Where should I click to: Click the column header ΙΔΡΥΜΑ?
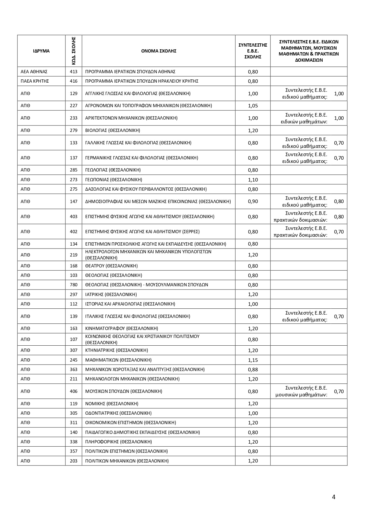(x=41, y=51)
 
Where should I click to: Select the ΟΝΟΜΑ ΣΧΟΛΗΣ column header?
(x=159, y=51)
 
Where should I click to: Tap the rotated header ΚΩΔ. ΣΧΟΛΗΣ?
(x=74, y=51)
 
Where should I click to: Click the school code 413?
(x=74, y=72)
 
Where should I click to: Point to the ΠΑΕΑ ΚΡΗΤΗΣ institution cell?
(x=35, y=81)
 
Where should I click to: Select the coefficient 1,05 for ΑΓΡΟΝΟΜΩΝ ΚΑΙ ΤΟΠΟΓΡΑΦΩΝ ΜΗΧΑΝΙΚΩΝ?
(x=253, y=106)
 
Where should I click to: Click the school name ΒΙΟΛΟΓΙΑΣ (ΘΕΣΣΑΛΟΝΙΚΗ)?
(x=113, y=130)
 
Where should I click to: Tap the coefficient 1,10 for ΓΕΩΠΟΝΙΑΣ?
(x=253, y=179)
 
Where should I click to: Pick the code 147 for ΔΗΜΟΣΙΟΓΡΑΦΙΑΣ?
(x=74, y=201)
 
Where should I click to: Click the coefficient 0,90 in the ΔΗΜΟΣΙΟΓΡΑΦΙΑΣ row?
(x=253, y=201)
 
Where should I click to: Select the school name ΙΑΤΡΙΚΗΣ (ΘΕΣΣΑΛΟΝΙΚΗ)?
(x=111, y=294)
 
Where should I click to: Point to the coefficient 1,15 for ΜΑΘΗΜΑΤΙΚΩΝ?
(x=253, y=360)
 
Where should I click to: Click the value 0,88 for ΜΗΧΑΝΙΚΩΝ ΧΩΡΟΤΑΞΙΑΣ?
(x=253, y=369)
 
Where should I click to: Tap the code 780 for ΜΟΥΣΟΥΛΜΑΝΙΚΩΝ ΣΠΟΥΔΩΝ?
(x=74, y=285)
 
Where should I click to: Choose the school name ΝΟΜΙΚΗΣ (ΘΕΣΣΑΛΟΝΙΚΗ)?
(x=112, y=403)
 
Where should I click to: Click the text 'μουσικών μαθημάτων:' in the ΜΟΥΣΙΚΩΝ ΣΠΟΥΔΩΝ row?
(x=301, y=395)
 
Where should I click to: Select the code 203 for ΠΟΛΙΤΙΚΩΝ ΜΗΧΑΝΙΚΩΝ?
(x=74, y=461)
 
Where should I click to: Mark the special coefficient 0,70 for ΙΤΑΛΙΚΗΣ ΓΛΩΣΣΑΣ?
(x=339, y=316)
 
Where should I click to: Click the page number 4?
(x=334, y=497)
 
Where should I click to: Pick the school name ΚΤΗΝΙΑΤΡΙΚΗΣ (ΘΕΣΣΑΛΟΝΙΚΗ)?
(x=116, y=350)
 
